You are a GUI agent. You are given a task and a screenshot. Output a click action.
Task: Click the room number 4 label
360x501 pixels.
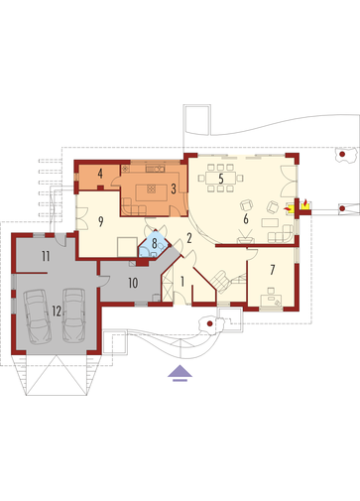[x=100, y=174]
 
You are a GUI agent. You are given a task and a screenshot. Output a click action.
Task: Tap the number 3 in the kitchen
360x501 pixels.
[x=174, y=188]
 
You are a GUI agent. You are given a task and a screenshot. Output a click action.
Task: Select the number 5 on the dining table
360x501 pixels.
[x=221, y=179]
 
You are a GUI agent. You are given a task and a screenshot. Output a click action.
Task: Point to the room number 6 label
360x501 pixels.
[x=246, y=219]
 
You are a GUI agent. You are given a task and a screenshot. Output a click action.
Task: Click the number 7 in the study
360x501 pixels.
[x=272, y=270]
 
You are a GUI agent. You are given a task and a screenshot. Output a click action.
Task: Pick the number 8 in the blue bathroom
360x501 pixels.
[x=154, y=244]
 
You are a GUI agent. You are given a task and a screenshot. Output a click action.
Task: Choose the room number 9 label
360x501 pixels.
[x=101, y=221]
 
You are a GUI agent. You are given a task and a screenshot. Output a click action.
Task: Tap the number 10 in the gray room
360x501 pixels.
[x=133, y=283]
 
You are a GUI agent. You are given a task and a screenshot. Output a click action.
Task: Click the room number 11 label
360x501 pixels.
[x=46, y=256]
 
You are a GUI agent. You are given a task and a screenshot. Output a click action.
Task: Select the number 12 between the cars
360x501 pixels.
[x=57, y=312]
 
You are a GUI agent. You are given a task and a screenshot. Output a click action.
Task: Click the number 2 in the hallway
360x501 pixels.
[x=189, y=238]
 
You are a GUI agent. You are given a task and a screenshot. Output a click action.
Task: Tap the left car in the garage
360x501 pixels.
[x=37, y=316]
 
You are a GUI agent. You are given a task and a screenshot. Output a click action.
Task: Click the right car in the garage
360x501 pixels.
[x=73, y=315]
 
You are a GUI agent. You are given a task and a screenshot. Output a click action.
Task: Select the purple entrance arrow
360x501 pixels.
[x=180, y=371]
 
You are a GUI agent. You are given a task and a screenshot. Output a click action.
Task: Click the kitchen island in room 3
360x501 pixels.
[x=151, y=192]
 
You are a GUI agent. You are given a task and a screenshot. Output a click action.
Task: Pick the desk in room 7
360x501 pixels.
[x=271, y=301]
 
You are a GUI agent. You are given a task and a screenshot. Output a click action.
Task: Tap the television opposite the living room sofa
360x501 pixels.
[x=245, y=239]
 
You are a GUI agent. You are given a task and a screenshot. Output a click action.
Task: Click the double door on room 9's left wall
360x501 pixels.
[x=82, y=218]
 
